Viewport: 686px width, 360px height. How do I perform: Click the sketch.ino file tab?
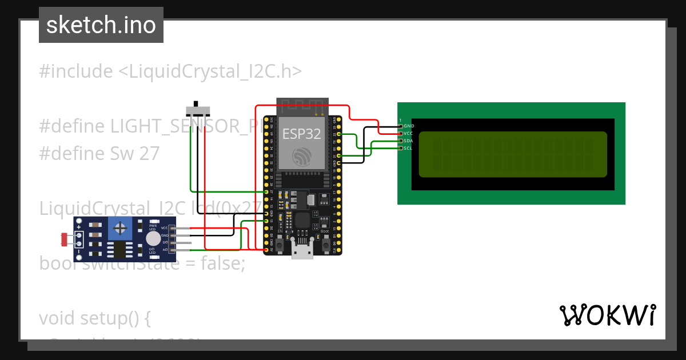101,25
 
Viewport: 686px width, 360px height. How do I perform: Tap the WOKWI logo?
607,315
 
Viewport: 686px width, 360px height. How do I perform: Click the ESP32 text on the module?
301,134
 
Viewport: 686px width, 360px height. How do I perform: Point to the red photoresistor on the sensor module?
63,239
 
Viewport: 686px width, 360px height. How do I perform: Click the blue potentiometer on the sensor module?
120,229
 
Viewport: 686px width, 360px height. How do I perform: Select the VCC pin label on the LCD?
408,133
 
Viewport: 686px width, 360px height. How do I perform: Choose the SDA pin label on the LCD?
408,141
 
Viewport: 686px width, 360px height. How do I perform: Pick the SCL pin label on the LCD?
408,148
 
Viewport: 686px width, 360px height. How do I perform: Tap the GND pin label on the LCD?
408,126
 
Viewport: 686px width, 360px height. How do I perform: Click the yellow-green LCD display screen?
513,154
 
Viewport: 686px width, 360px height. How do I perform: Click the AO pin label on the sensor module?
165,250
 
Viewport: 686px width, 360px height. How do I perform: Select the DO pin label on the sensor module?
165,242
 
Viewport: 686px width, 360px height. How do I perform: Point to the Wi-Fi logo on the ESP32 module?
301,157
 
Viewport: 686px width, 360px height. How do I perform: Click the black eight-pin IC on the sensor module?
119,249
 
